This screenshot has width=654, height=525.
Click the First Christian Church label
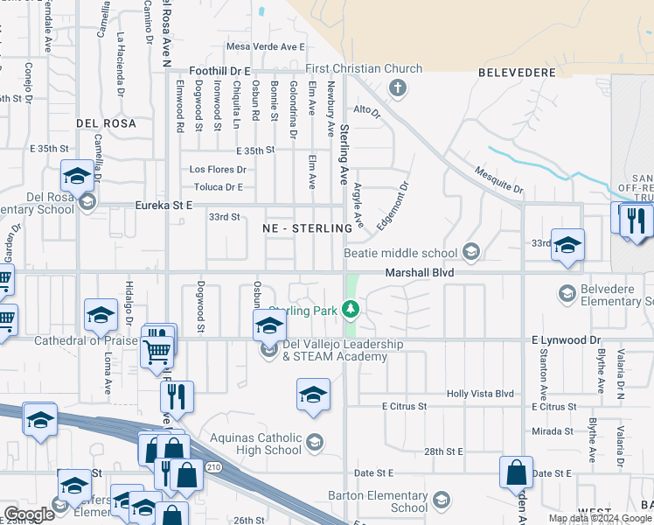pos(364,69)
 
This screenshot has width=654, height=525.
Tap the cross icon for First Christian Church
pos(397,87)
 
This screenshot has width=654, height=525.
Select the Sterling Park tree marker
pos(351,308)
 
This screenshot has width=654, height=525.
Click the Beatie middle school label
pos(416,253)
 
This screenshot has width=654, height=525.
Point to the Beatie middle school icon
pos(471,253)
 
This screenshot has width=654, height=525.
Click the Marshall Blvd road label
pos(422,273)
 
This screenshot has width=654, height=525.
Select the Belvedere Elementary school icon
pos(567,292)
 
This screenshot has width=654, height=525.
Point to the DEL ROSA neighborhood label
pos(106,124)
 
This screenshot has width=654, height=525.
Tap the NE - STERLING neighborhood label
pos(306,227)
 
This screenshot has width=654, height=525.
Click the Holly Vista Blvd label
pos(480,395)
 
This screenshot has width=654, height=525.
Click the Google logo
pos(29,514)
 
